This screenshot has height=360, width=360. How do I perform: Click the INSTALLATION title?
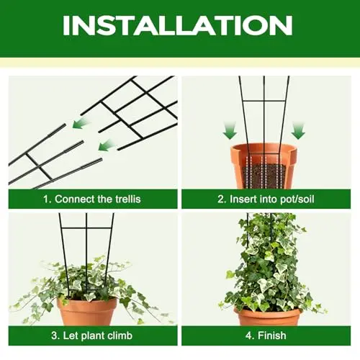click(x=178, y=25)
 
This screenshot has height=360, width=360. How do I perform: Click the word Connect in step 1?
click(x=75, y=199)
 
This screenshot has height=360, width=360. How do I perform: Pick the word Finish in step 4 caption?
click(x=272, y=336)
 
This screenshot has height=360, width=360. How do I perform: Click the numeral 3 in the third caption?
click(x=54, y=336)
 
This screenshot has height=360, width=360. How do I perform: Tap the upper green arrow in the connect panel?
click(x=81, y=123)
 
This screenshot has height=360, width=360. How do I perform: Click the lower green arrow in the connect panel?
click(x=107, y=145)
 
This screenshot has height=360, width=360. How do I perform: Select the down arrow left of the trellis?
click(x=230, y=131)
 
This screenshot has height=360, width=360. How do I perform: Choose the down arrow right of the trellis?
click(x=298, y=131)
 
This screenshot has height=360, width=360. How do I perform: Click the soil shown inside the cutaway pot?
click(x=264, y=176)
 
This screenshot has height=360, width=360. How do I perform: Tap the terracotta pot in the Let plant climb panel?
click(x=87, y=312)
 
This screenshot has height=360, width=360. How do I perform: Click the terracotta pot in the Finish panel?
click(x=267, y=317)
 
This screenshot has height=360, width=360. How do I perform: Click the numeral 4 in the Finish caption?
click(x=248, y=336)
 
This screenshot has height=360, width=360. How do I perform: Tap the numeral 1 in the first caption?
click(x=46, y=199)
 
